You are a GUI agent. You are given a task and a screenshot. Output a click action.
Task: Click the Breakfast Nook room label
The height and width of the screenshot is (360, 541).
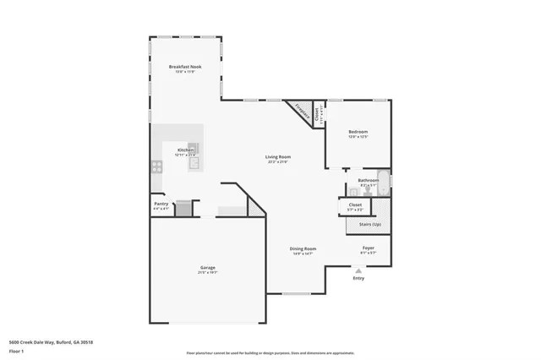(184, 66)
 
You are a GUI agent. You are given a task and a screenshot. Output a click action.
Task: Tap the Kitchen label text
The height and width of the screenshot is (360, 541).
(185, 150)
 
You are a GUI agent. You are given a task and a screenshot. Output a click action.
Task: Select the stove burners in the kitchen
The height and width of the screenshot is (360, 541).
(157, 166)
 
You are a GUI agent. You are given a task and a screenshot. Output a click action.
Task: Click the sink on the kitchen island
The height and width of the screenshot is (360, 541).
(193, 163)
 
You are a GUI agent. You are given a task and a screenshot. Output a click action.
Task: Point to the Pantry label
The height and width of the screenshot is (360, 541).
(161, 204)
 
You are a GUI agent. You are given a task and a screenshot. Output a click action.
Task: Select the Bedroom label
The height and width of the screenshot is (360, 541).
(358, 132)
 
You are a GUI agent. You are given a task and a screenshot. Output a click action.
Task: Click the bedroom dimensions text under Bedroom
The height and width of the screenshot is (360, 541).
(358, 138)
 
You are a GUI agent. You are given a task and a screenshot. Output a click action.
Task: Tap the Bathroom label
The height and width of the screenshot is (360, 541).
(368, 179)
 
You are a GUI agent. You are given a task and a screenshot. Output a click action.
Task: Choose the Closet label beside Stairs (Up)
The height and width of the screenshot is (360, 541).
(354, 205)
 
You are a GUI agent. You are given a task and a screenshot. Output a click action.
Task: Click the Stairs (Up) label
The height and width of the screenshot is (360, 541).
(370, 225)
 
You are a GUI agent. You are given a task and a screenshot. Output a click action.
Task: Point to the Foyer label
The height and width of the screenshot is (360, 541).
(368, 248)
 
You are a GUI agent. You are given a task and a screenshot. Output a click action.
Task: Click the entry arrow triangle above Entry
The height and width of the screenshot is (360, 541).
(358, 271)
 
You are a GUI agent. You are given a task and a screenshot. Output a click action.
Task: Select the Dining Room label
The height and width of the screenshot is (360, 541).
(303, 248)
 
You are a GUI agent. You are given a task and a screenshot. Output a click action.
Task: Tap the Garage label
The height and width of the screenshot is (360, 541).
(207, 267)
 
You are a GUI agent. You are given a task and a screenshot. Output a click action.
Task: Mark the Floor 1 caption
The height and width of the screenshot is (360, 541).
(16, 350)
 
